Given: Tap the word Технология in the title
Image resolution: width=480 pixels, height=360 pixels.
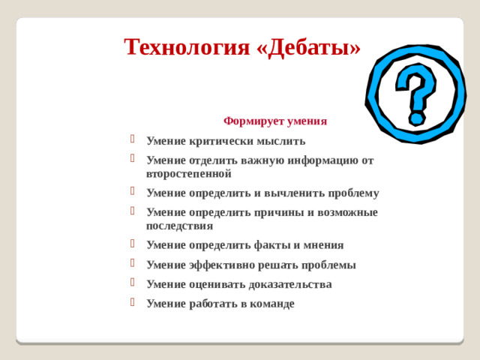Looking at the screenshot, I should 186,47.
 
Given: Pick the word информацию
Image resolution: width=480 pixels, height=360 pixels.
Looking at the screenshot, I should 319,160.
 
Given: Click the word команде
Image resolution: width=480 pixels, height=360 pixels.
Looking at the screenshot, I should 269,304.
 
